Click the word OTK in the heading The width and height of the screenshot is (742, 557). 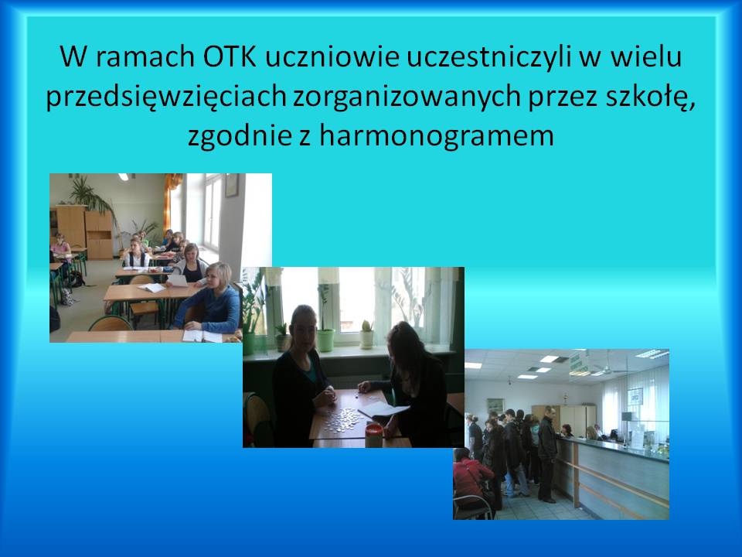click(230, 56)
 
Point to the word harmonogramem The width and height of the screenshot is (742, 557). click(436, 136)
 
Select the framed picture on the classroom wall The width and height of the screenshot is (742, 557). click(231, 185)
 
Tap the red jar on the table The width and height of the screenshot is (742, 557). click(373, 436)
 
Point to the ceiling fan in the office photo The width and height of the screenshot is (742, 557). click(604, 367)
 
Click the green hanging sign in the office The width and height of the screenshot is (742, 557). click(575, 362)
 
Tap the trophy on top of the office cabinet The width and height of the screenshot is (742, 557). click(564, 398)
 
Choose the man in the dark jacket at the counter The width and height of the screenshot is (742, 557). click(547, 453)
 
